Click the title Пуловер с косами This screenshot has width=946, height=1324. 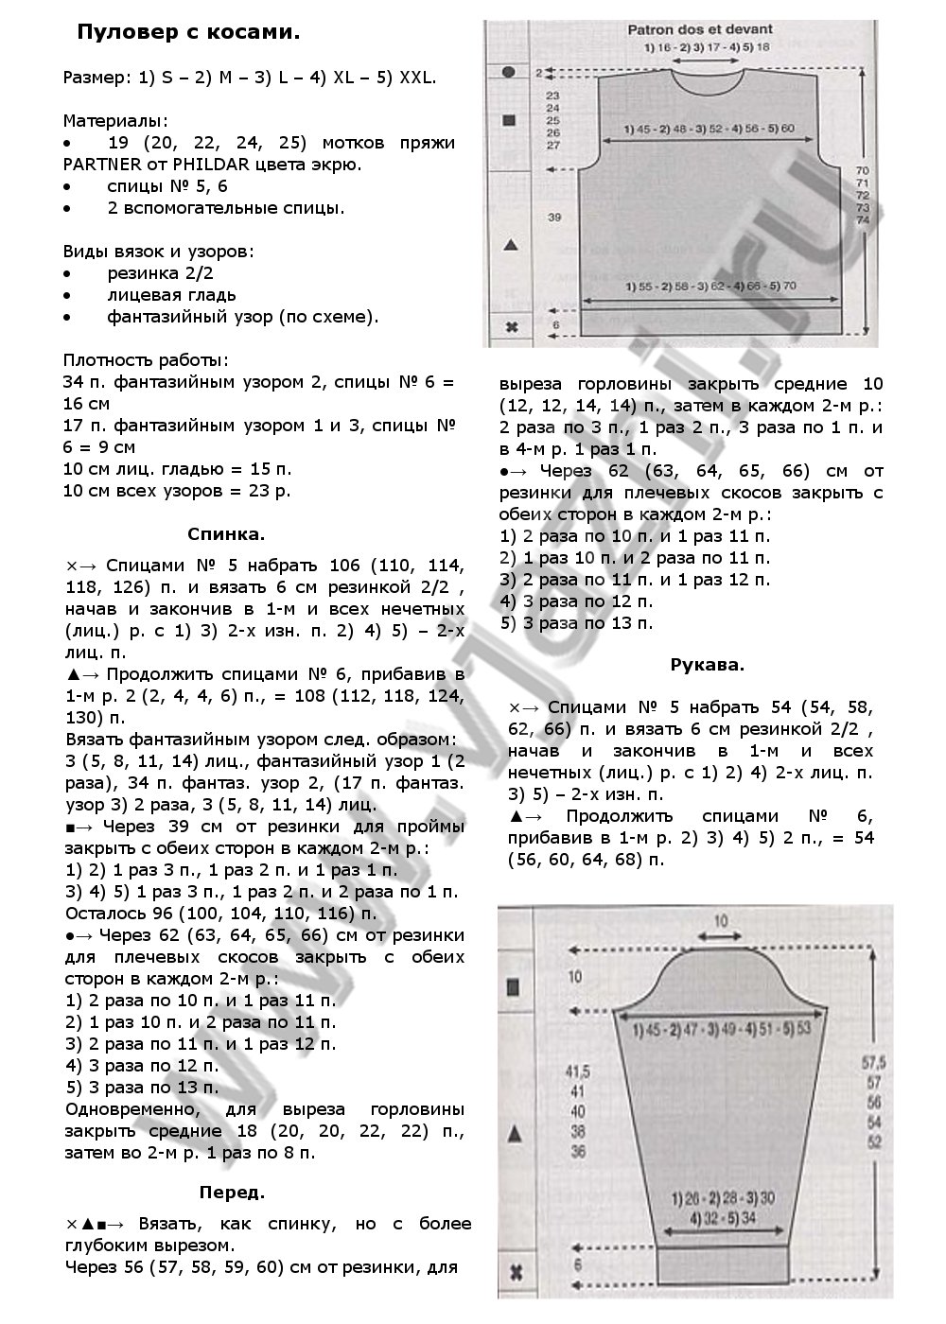click(x=188, y=32)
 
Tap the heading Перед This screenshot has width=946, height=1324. click(x=233, y=1193)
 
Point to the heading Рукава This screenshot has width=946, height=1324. click(x=707, y=665)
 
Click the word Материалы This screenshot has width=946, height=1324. click(x=115, y=121)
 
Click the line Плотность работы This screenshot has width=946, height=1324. click(x=145, y=360)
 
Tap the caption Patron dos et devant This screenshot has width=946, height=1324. click(x=700, y=30)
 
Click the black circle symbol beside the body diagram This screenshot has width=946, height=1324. click(x=509, y=72)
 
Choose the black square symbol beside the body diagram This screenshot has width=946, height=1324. click(x=509, y=120)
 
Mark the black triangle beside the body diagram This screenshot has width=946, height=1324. click(x=511, y=245)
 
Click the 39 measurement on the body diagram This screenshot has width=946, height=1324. click(x=555, y=218)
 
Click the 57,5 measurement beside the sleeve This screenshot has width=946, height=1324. click(x=873, y=1062)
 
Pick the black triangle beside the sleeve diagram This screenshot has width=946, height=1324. click(x=515, y=1133)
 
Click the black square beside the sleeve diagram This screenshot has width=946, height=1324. click(x=514, y=988)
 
